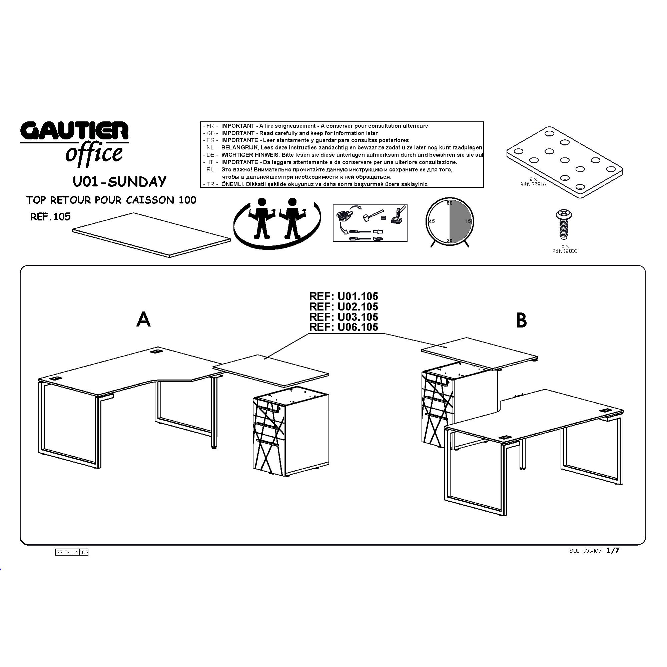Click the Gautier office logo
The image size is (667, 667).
tap(74, 143)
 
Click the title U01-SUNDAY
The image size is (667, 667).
tap(119, 182)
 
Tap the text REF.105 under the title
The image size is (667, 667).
tap(50, 216)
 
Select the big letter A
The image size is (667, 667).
tap(144, 319)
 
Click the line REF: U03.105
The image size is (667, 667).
tap(344, 316)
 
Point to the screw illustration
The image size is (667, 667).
tap(563, 224)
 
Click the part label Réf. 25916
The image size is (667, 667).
tap(533, 184)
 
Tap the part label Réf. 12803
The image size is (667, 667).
tap(565, 251)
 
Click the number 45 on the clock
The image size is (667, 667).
tap(432, 221)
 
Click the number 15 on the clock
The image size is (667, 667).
tap(468, 221)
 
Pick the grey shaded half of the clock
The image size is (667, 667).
tap(461, 221)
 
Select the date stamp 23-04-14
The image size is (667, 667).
tap(67, 552)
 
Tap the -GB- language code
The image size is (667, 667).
tap(210, 133)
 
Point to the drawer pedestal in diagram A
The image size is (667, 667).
tap(291, 432)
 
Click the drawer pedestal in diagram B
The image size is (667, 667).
tap(459, 404)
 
